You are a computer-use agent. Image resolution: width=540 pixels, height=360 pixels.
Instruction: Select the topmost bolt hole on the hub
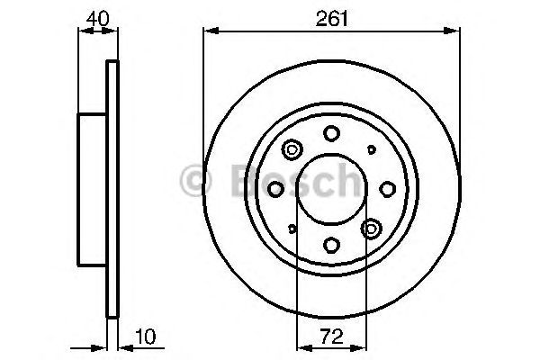click(x=331, y=133)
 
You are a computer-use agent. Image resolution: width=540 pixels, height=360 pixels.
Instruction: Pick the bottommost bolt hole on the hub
click(x=331, y=244)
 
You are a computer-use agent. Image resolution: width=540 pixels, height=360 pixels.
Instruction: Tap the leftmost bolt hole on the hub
click(x=275, y=188)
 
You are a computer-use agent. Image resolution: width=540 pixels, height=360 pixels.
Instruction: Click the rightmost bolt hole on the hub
click(x=387, y=188)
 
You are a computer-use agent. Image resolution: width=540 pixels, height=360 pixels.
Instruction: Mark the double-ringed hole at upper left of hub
click(x=292, y=149)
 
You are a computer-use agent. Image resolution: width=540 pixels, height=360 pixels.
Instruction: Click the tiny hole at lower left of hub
click(x=292, y=229)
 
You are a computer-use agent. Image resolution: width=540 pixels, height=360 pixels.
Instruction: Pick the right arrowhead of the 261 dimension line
click(x=454, y=32)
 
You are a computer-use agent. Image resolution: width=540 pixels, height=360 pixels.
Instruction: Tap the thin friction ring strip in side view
click(x=112, y=189)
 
